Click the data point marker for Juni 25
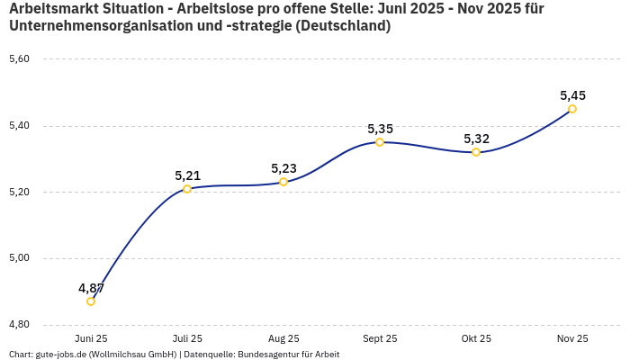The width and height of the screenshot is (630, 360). pyautogui.click(x=91, y=301)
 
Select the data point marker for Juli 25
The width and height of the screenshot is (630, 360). pyautogui.click(x=187, y=189)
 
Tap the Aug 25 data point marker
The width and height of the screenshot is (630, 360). pyautogui.click(x=283, y=182)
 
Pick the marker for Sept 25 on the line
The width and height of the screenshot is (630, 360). pyautogui.click(x=380, y=142)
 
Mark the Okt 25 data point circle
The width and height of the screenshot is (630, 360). pyautogui.click(x=476, y=152)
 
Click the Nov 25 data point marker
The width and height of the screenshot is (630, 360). pyautogui.click(x=572, y=109)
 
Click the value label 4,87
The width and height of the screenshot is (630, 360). pyautogui.click(x=91, y=288)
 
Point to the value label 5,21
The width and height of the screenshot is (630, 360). pyautogui.click(x=187, y=175)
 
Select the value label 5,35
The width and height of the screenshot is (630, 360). pyautogui.click(x=380, y=129)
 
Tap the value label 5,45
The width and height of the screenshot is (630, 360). pyautogui.click(x=572, y=95)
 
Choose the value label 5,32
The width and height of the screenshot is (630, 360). pyautogui.click(x=476, y=139)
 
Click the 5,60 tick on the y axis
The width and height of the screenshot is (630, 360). pyautogui.click(x=19, y=59)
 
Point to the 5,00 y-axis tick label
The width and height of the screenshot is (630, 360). pyautogui.click(x=19, y=258)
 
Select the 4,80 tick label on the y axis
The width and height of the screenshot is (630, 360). pyautogui.click(x=19, y=324)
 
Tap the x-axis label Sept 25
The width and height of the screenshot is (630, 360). pyautogui.click(x=380, y=338)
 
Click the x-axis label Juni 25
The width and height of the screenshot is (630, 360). pyautogui.click(x=91, y=338)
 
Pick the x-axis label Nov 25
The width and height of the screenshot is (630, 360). pyautogui.click(x=572, y=338)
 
